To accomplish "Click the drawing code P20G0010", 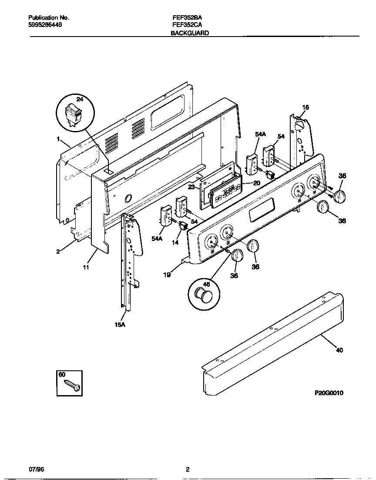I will (329, 393).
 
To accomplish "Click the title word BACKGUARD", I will (190, 33).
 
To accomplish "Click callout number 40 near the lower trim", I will (339, 350).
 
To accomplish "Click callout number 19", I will (167, 275).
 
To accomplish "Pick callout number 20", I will (256, 183).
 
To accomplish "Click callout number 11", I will (86, 267).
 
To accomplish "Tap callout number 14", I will (175, 243).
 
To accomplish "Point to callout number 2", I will (58, 251).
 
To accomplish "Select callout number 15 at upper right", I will (305, 107).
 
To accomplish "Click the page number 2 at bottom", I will (188, 469).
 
